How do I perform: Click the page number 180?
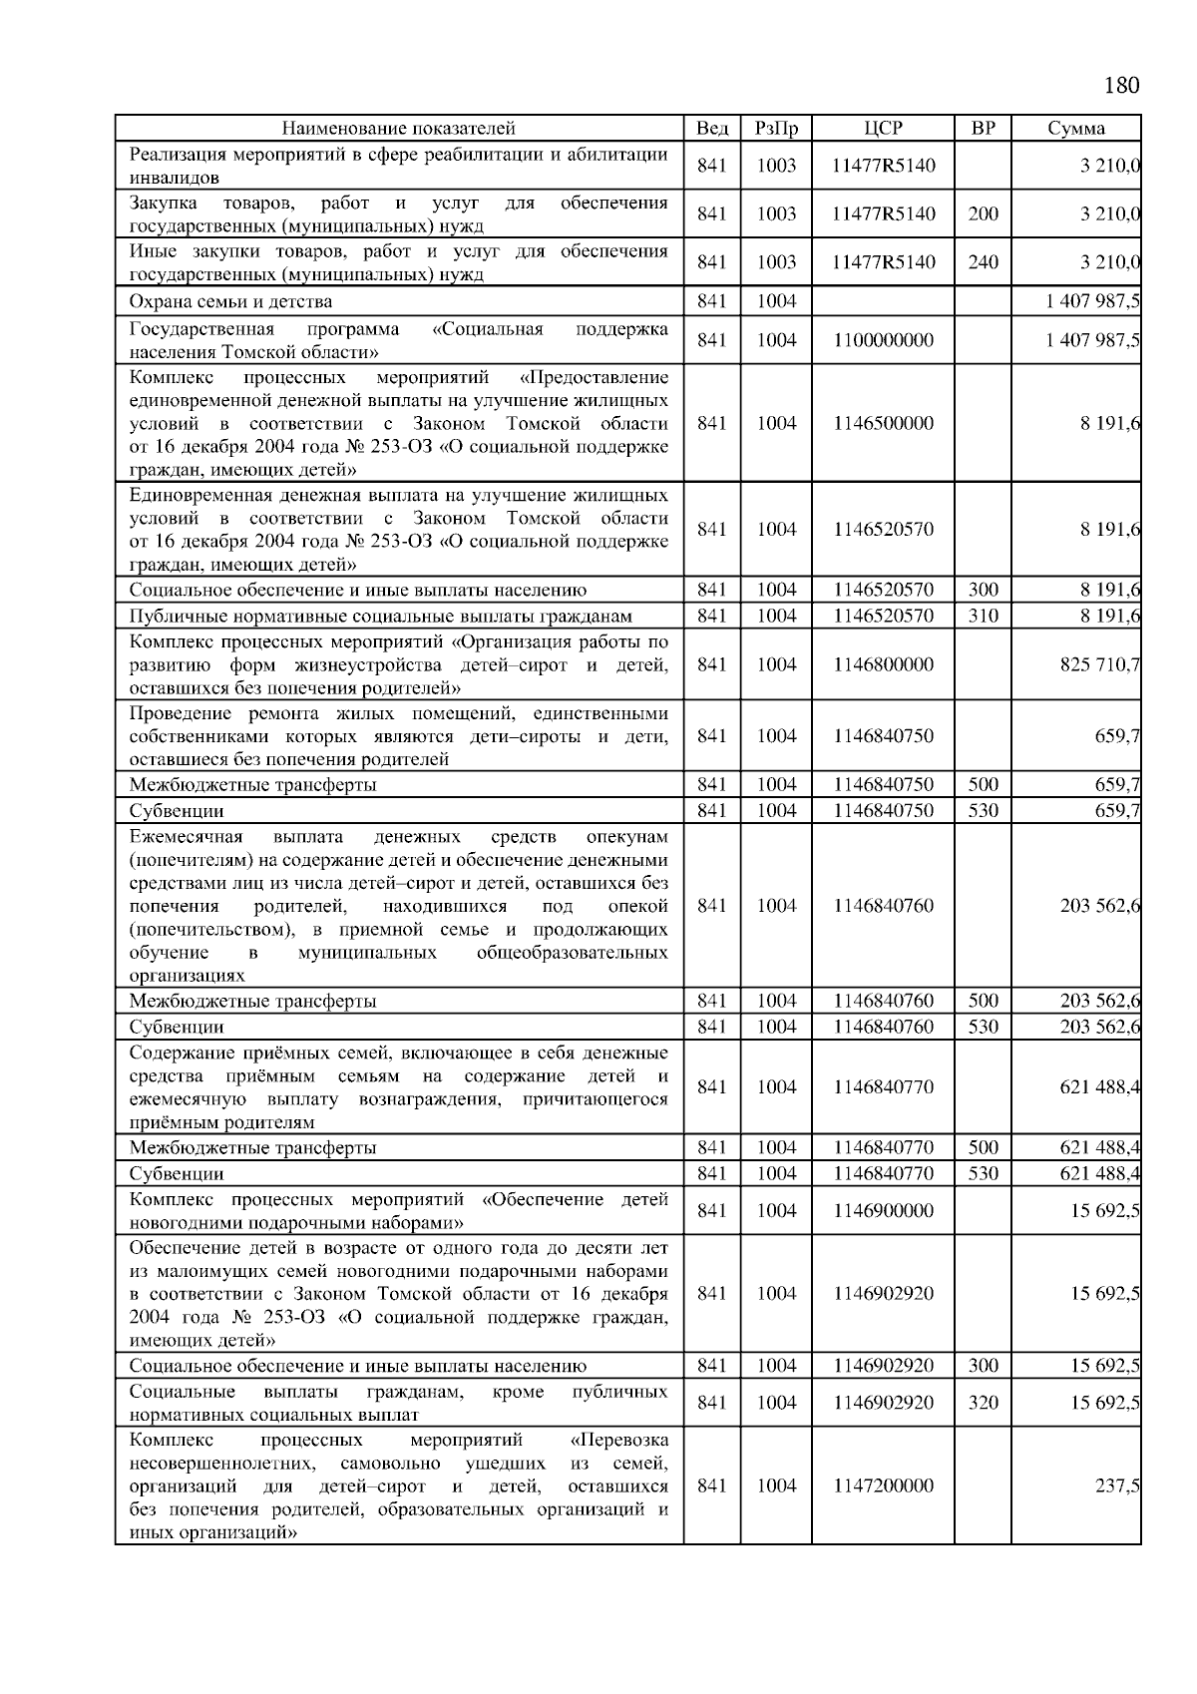coord(1121,85)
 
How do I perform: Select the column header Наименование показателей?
coord(398,129)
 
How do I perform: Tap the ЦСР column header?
coord(883,129)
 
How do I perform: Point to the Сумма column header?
coord(1075,129)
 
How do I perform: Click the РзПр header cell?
coord(776,129)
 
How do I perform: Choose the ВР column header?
coord(983,129)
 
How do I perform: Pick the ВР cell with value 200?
coord(983,213)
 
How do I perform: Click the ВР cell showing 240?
coord(983,262)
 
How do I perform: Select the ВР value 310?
coord(983,616)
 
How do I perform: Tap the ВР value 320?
coord(983,1403)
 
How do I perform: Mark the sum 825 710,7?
coord(1100,664)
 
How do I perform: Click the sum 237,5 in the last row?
coord(1117,1485)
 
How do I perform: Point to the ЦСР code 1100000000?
coord(883,340)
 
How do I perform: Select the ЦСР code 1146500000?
coord(883,423)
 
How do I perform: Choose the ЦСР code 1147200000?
coord(883,1485)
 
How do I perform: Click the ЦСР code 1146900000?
coord(883,1211)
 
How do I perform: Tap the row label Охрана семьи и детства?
coord(230,301)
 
